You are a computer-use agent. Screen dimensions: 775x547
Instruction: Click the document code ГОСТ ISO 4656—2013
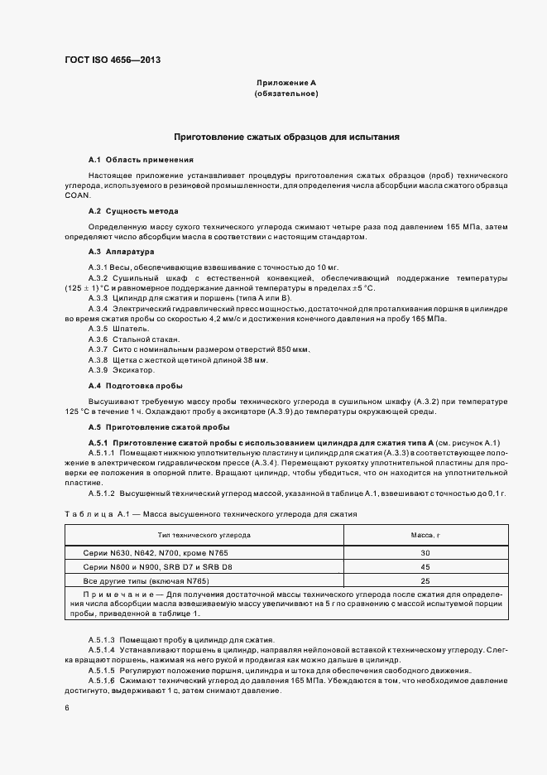pos(112,60)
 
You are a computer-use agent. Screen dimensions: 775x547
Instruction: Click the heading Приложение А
pos(285,84)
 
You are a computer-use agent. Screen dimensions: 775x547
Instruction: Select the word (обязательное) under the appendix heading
pos(285,94)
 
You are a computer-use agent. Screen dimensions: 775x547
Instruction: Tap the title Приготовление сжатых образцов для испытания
pos(286,136)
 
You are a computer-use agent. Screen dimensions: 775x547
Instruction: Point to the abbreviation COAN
pos(76,195)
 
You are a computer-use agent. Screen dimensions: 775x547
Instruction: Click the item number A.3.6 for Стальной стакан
pos(98,339)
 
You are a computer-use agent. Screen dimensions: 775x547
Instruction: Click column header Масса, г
pos(425,536)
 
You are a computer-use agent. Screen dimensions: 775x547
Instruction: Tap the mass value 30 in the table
pos(425,552)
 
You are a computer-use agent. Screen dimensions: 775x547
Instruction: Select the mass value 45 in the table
pos(425,567)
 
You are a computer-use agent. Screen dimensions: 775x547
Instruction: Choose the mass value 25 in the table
pos(425,582)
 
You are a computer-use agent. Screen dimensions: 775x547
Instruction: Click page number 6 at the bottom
pos(67,708)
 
